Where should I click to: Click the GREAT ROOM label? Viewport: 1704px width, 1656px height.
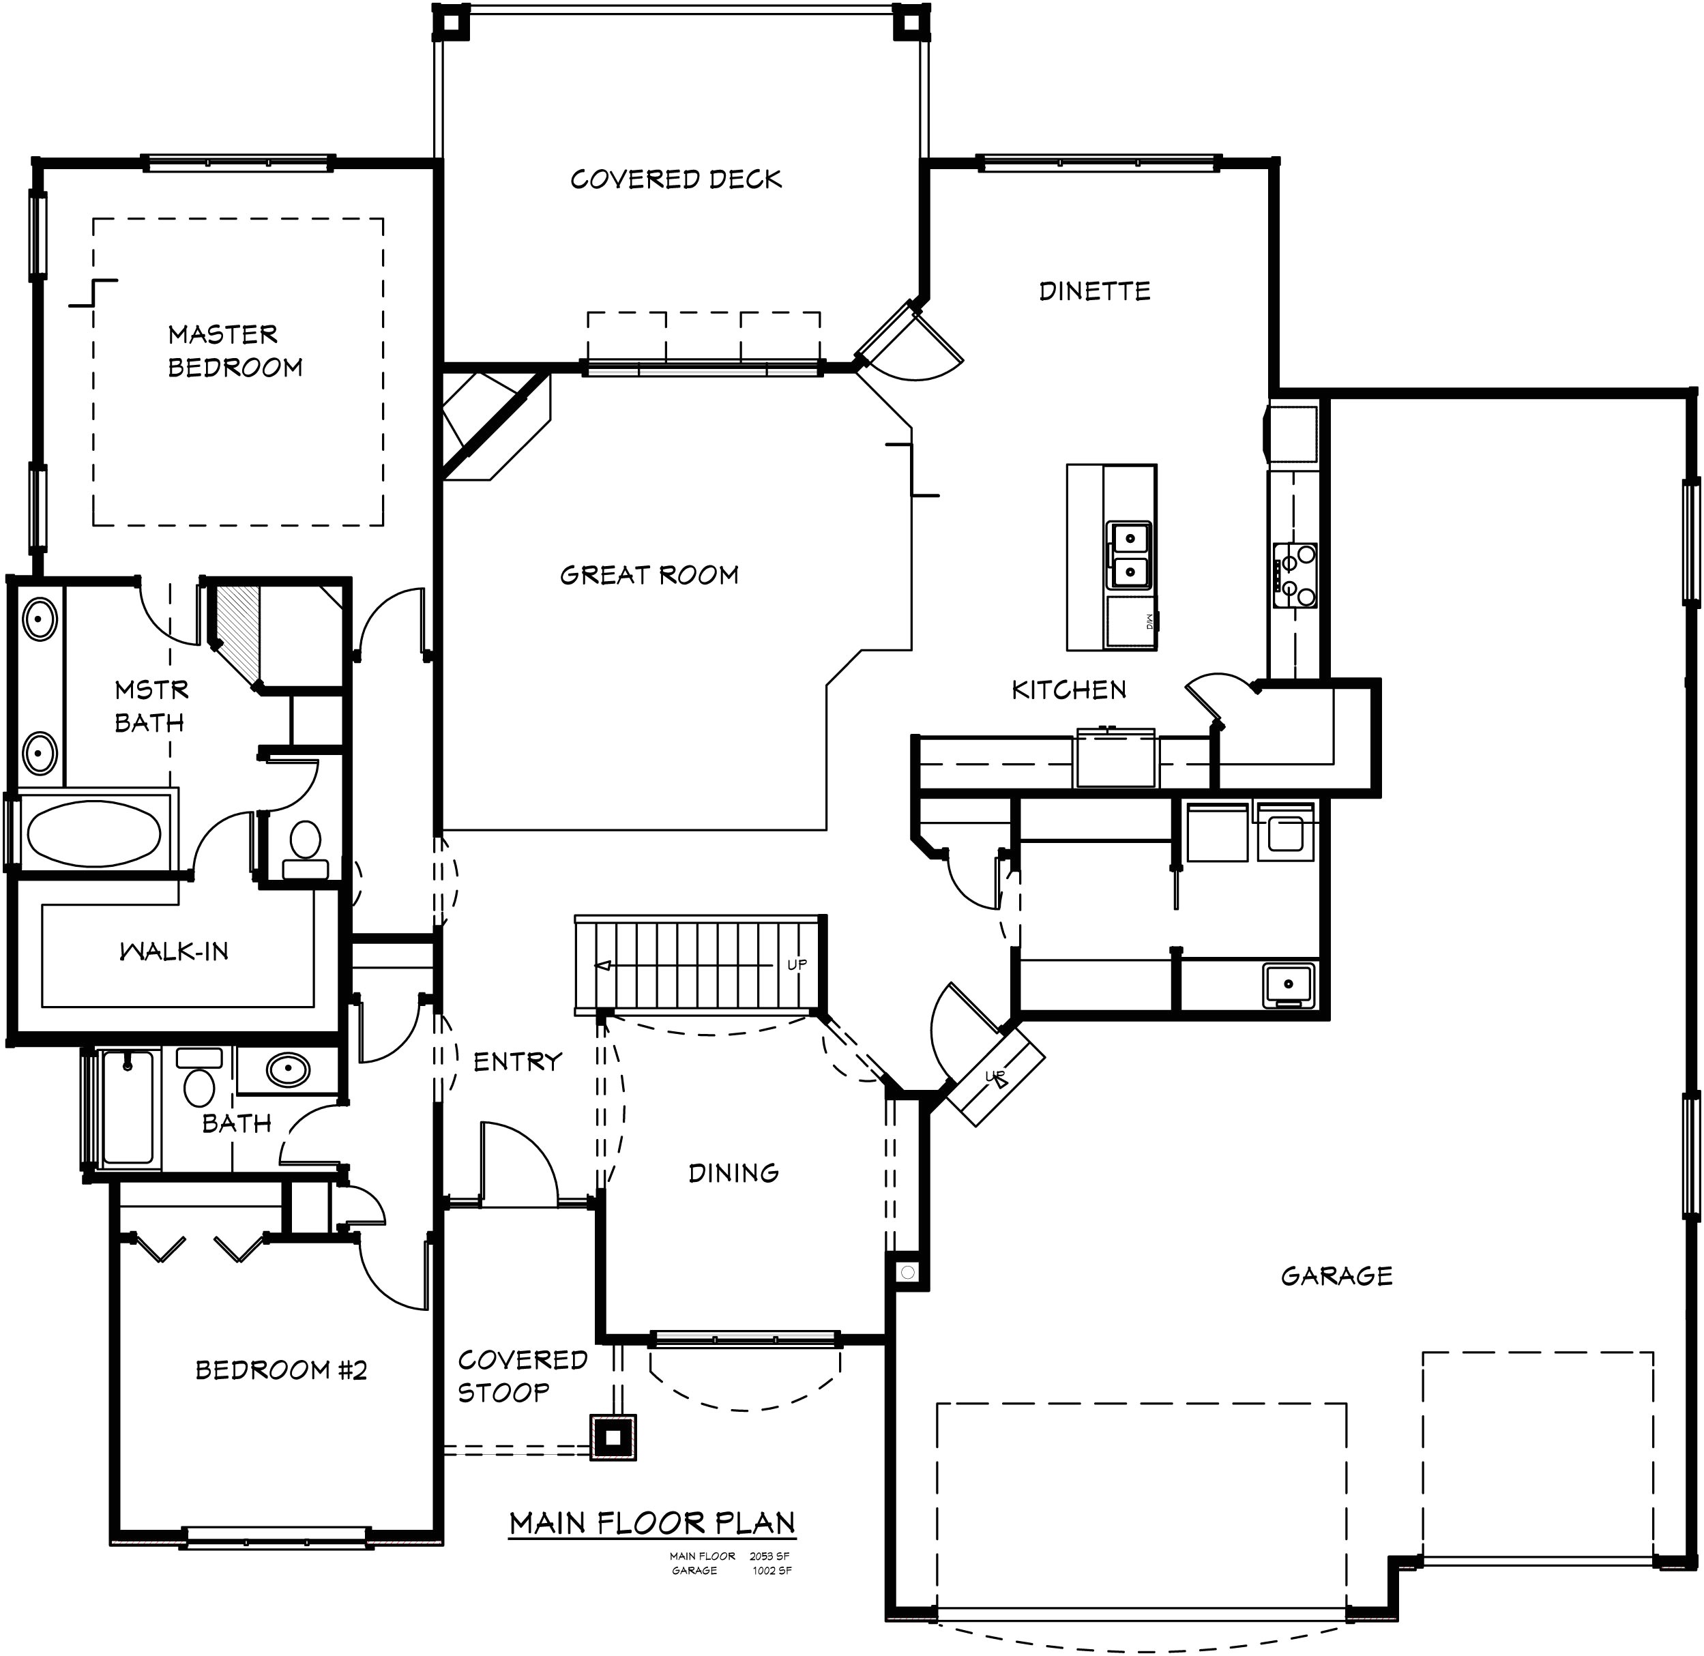649,575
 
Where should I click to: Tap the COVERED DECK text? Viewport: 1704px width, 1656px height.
676,179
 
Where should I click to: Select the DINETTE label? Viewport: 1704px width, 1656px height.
1094,291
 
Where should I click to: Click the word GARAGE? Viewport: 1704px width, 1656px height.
1336,1277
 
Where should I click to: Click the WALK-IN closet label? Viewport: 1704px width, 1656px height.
174,951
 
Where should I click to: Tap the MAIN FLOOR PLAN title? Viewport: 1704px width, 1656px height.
652,1523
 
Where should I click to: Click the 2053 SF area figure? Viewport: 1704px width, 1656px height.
769,1556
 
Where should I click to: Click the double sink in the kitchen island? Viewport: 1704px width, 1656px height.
1130,556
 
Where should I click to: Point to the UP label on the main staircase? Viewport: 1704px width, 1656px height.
797,964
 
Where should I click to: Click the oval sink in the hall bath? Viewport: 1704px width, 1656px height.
288,1069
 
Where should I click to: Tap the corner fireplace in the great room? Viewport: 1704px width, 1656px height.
487,426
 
